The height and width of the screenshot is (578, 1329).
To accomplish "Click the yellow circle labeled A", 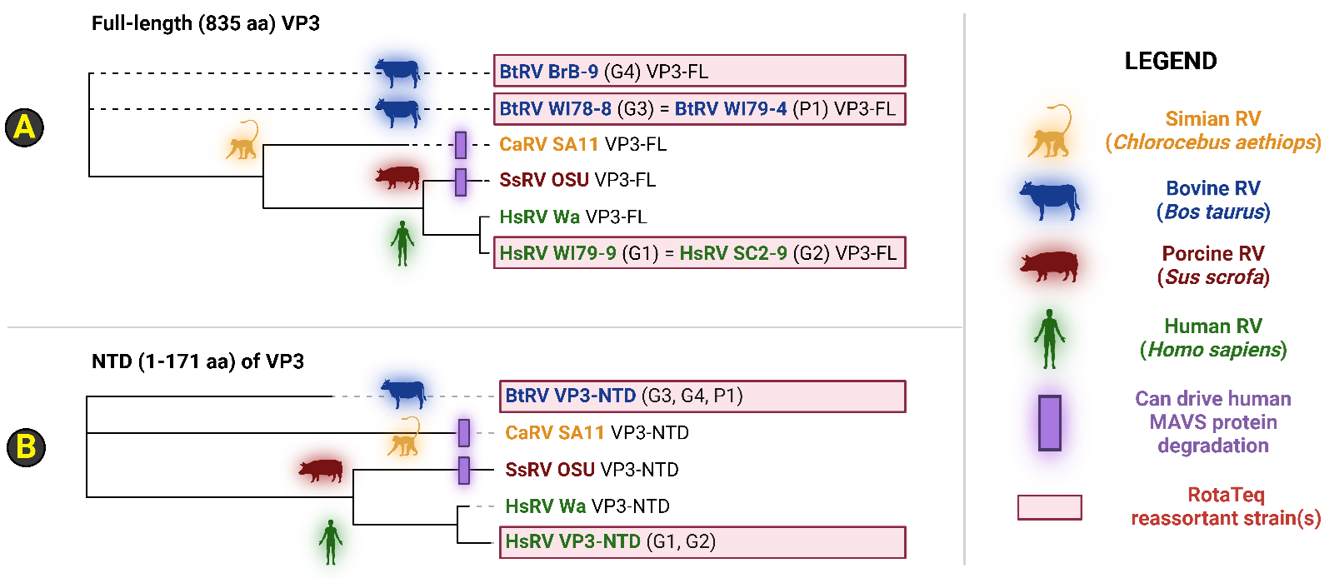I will [x=25, y=127].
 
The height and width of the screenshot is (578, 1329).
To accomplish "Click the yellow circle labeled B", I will [x=26, y=446].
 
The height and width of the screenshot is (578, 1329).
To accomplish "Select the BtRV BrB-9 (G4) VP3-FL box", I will [x=699, y=71].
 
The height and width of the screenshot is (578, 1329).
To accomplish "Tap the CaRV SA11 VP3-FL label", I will [x=582, y=144].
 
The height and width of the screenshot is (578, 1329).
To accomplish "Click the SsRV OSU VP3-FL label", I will [x=577, y=180].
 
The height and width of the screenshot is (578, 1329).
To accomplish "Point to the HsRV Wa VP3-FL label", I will [x=572, y=217].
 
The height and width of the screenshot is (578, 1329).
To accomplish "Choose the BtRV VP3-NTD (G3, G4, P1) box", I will [x=702, y=396].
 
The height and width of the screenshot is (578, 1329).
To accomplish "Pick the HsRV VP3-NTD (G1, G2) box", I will [x=702, y=541].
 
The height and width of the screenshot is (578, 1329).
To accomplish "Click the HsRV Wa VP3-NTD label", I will [x=587, y=506].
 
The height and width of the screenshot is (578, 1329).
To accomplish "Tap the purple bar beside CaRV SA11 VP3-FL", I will [x=461, y=144].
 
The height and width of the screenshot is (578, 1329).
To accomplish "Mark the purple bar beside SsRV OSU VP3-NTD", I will [x=464, y=470].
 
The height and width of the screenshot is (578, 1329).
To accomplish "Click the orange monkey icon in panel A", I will [x=242, y=141].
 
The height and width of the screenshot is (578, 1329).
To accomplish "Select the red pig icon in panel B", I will [x=321, y=471].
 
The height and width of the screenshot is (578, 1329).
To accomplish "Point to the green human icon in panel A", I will [x=402, y=243].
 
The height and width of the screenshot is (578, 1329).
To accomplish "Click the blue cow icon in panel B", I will [x=403, y=393].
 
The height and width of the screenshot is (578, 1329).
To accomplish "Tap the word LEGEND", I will [x=1170, y=61].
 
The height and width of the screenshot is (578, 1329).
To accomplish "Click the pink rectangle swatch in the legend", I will [x=1049, y=506].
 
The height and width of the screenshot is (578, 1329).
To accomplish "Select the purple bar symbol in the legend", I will [x=1049, y=422].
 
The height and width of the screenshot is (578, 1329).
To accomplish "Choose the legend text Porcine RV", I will [x=1212, y=253].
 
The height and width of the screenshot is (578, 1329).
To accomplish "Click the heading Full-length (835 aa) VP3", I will [x=205, y=23].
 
